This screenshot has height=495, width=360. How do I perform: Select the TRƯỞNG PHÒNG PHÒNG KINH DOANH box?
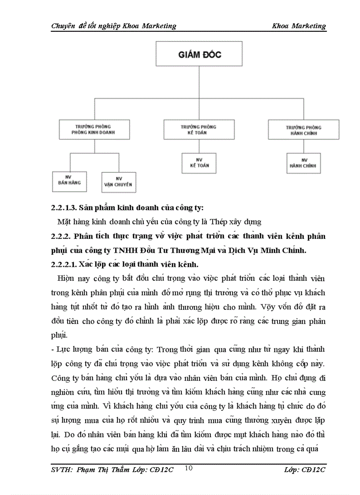click(x=94, y=129)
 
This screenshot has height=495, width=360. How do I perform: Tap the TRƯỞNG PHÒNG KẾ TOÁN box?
click(x=199, y=129)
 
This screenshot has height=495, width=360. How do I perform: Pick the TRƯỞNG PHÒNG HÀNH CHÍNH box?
click(x=304, y=130)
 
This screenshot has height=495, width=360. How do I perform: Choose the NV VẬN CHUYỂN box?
click(x=118, y=182)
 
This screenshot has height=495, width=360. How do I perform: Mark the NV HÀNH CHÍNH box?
click(x=304, y=163)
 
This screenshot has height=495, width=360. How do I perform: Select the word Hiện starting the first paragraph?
click(x=65, y=279)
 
